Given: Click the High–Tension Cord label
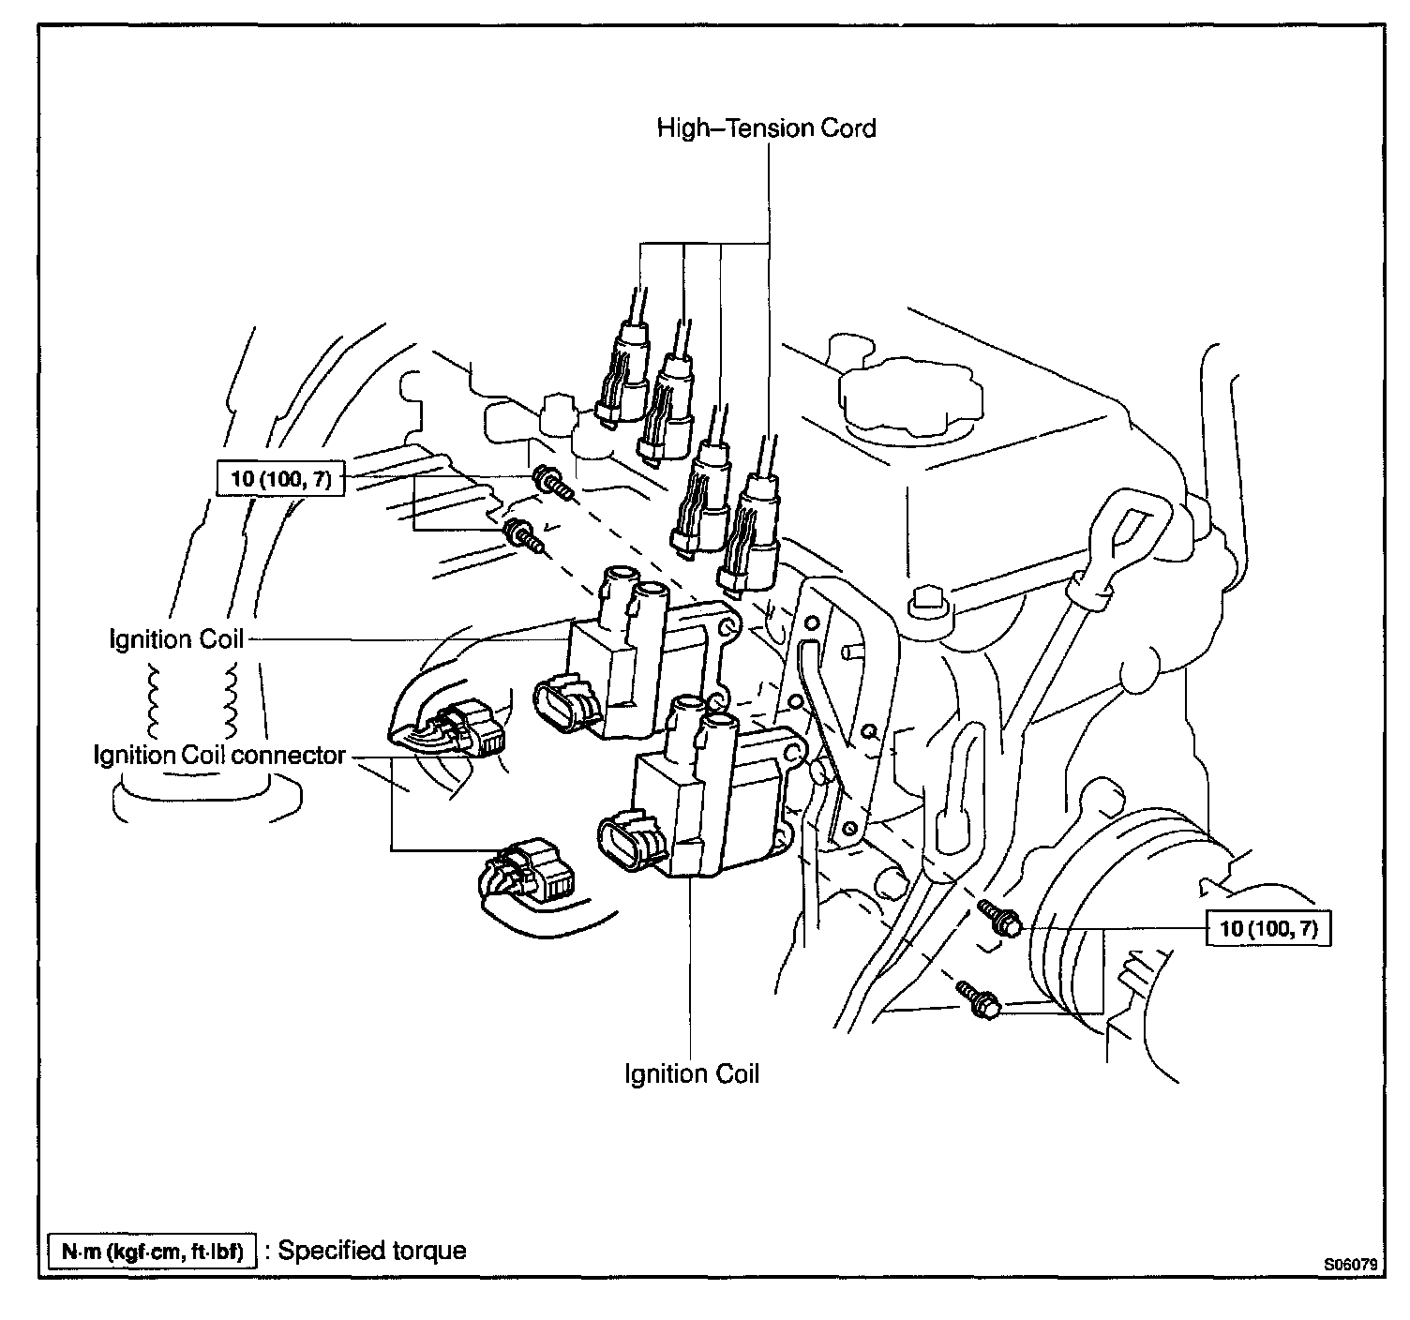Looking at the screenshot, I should tap(766, 127).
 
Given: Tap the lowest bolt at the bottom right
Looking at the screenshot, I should tap(979, 1000).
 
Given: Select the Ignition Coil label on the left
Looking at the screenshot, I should tap(176, 639).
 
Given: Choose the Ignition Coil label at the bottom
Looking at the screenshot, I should tap(692, 1073).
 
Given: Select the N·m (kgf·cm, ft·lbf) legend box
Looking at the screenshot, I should tap(151, 1251).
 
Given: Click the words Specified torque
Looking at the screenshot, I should tap(372, 1251).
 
